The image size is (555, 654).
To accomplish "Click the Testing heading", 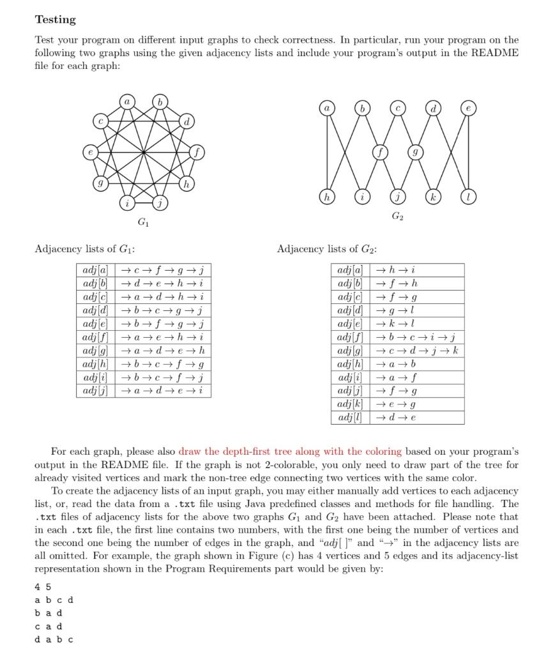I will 56,20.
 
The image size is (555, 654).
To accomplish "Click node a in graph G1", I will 127,102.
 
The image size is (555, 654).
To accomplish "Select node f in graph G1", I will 198,153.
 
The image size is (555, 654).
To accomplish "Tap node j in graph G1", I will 162,204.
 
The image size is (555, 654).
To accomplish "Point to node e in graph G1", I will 91,153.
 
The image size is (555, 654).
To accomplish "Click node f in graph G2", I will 381,153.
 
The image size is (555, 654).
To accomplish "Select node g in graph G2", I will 416,153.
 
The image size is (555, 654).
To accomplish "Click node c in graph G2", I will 398,110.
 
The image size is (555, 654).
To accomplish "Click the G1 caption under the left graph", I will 144,223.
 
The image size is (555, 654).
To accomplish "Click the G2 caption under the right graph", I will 398,217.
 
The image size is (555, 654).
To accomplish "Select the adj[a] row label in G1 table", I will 95,270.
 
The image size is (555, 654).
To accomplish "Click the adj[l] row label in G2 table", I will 351,418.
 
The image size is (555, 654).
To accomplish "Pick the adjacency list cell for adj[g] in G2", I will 418,351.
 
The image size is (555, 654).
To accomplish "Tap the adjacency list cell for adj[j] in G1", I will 163,390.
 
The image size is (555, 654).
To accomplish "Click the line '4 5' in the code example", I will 43,587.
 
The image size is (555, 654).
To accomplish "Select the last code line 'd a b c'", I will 54,639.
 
